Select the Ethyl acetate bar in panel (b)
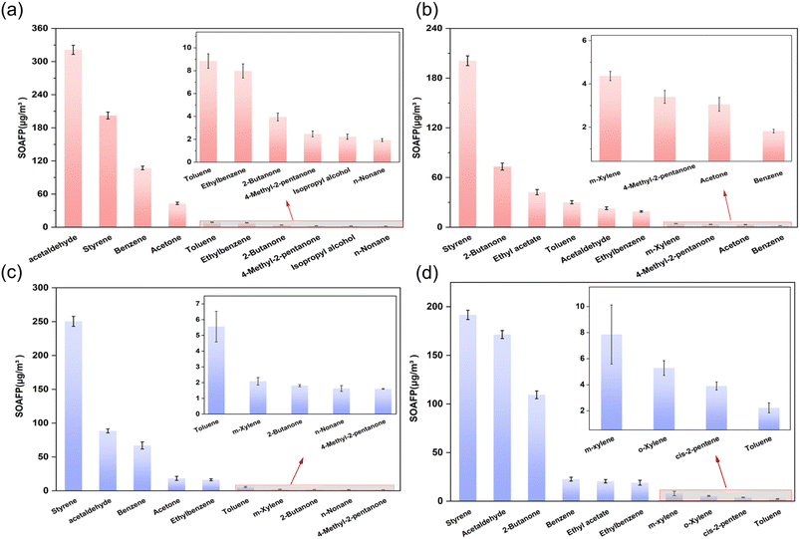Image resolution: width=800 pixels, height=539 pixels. click(536, 209)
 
